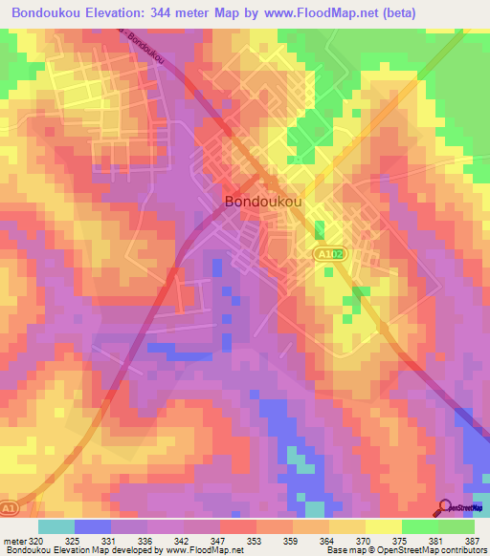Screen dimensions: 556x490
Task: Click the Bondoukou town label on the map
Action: point(265,202)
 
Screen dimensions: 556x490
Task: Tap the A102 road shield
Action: point(326,254)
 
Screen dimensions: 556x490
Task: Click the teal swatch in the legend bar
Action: point(56,526)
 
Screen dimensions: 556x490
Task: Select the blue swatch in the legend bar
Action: point(92,526)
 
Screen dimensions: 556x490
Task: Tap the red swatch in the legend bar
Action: point(237,526)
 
